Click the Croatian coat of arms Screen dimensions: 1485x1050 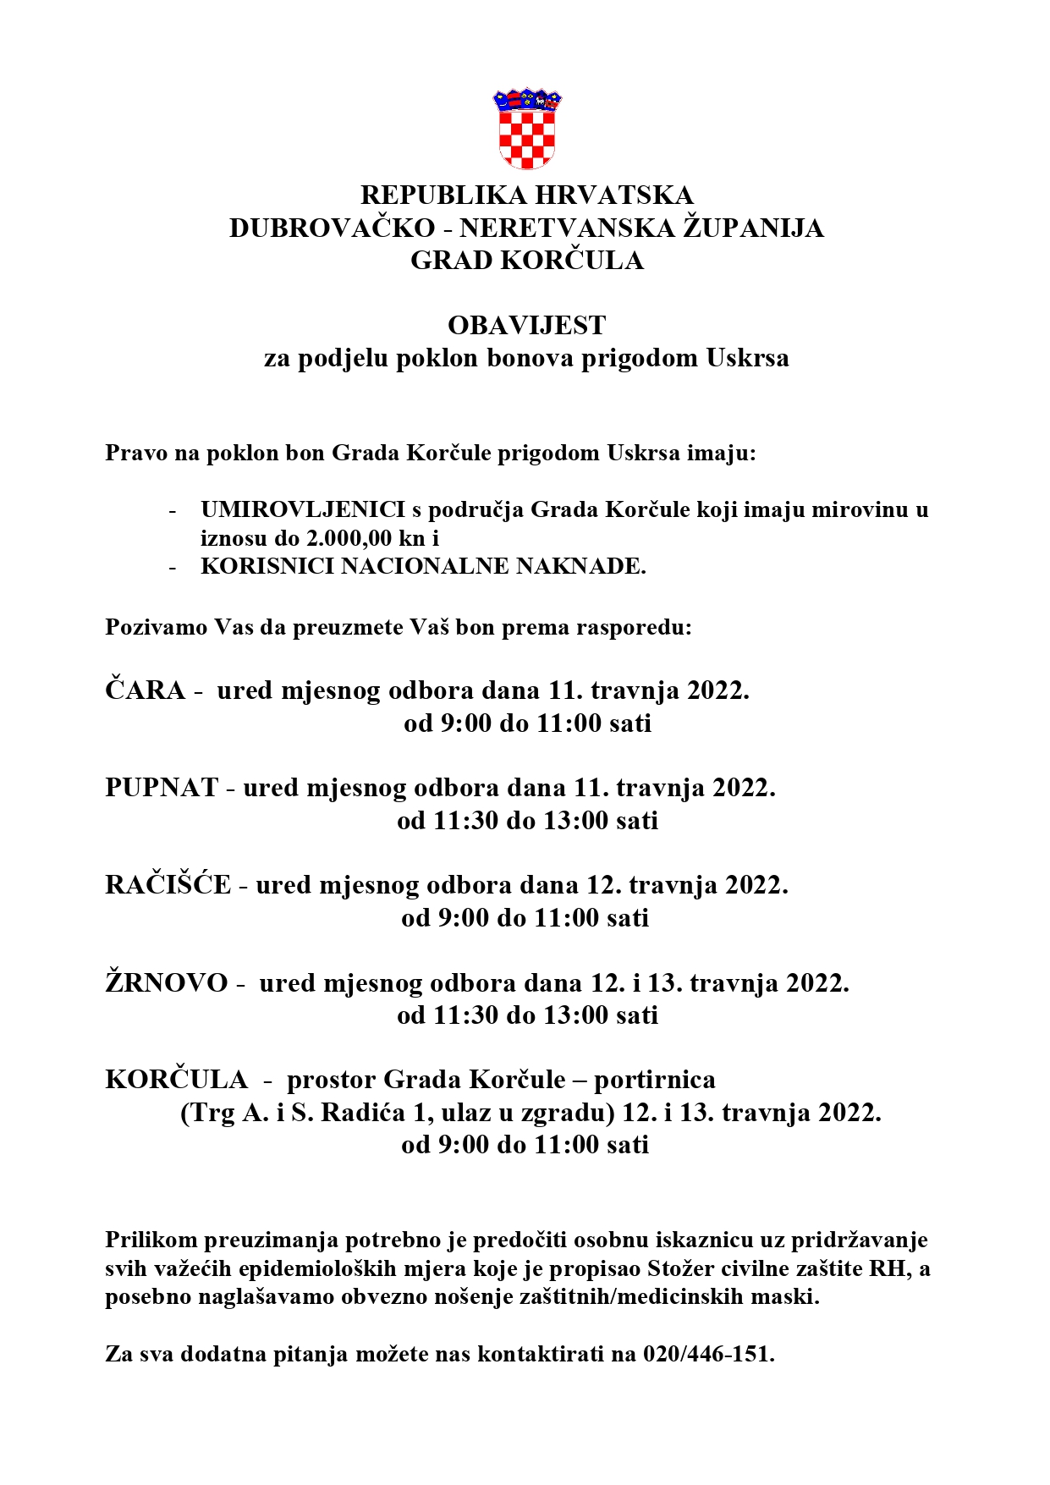pyautogui.click(x=526, y=129)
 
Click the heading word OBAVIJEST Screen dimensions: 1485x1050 pyautogui.click(x=526, y=326)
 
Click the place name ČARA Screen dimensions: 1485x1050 pyautogui.click(x=146, y=691)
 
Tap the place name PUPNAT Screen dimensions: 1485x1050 pyautogui.click(x=162, y=789)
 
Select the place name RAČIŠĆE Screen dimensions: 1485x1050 pyautogui.click(x=168, y=886)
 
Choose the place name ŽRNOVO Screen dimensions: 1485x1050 pyautogui.click(x=167, y=983)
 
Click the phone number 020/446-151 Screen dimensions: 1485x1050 pyautogui.click(x=708, y=1355)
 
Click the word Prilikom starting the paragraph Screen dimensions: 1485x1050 pyautogui.click(x=151, y=1240)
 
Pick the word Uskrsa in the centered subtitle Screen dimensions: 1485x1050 pyautogui.click(x=747, y=358)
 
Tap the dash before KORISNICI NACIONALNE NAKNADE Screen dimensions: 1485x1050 pyautogui.click(x=173, y=567)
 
